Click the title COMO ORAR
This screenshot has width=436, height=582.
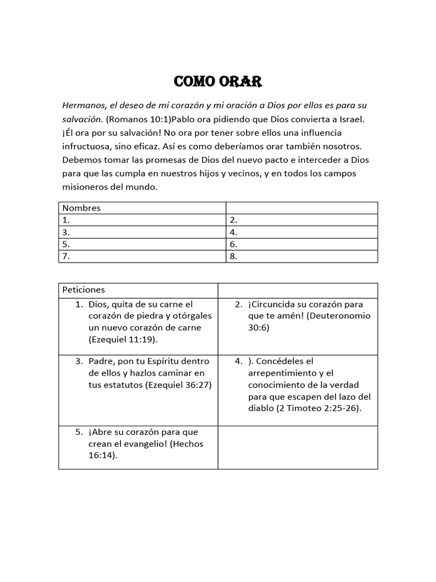point(217,82)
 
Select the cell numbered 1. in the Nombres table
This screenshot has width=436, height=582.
point(142,220)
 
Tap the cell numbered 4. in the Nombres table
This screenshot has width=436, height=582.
point(301,232)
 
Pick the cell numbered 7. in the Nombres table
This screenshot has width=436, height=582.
point(142,256)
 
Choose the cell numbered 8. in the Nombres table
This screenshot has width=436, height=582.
point(301,256)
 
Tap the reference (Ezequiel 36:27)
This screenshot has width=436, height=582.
point(178,384)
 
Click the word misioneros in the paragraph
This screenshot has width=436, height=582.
point(86,187)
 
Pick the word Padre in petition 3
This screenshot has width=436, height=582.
point(100,361)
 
